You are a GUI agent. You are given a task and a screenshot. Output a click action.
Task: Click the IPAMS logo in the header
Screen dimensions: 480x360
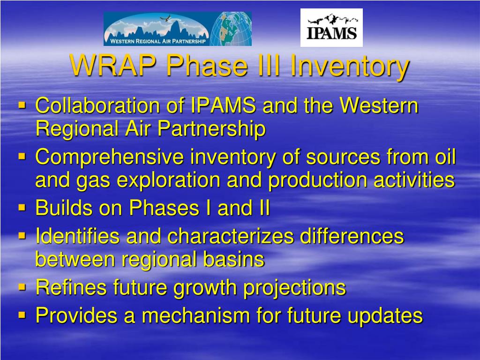click(x=331, y=28)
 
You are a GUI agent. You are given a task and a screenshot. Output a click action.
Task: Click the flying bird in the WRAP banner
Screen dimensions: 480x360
click(x=165, y=18)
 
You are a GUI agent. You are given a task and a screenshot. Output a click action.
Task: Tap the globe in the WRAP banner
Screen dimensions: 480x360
click(x=231, y=29)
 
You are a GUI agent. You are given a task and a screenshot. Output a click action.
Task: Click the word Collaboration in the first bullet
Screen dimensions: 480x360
click(x=98, y=105)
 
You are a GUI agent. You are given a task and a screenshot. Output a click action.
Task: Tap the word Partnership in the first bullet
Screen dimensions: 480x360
click(x=211, y=128)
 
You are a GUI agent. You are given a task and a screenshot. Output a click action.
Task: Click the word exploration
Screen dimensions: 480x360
click(x=168, y=180)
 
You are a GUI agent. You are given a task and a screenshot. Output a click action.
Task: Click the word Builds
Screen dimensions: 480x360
click(x=64, y=208)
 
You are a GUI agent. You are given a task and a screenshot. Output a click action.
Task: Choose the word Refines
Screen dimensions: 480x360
click(x=71, y=287)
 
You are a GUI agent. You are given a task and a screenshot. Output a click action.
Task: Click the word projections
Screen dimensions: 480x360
click(x=294, y=288)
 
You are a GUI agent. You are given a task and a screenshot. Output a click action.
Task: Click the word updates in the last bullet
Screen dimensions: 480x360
click(x=385, y=316)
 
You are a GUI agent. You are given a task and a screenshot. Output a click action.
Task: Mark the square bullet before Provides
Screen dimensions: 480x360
click(x=22, y=315)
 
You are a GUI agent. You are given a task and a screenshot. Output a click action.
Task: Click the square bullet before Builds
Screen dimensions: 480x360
click(x=22, y=208)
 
